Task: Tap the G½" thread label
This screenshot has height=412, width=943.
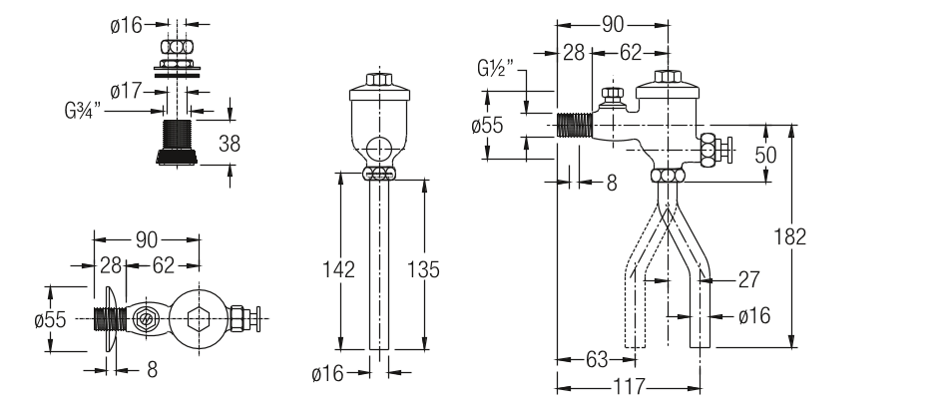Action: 496,68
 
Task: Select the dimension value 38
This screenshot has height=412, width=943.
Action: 229,144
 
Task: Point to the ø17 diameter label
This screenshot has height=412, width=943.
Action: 126,91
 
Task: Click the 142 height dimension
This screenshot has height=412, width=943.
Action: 338,269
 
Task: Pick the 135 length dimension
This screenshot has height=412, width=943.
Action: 423,269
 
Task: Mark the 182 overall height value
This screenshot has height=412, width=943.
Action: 789,236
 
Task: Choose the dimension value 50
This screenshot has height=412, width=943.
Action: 765,155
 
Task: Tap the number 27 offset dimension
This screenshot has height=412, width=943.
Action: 748,279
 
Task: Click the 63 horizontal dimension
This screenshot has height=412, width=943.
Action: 597,360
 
